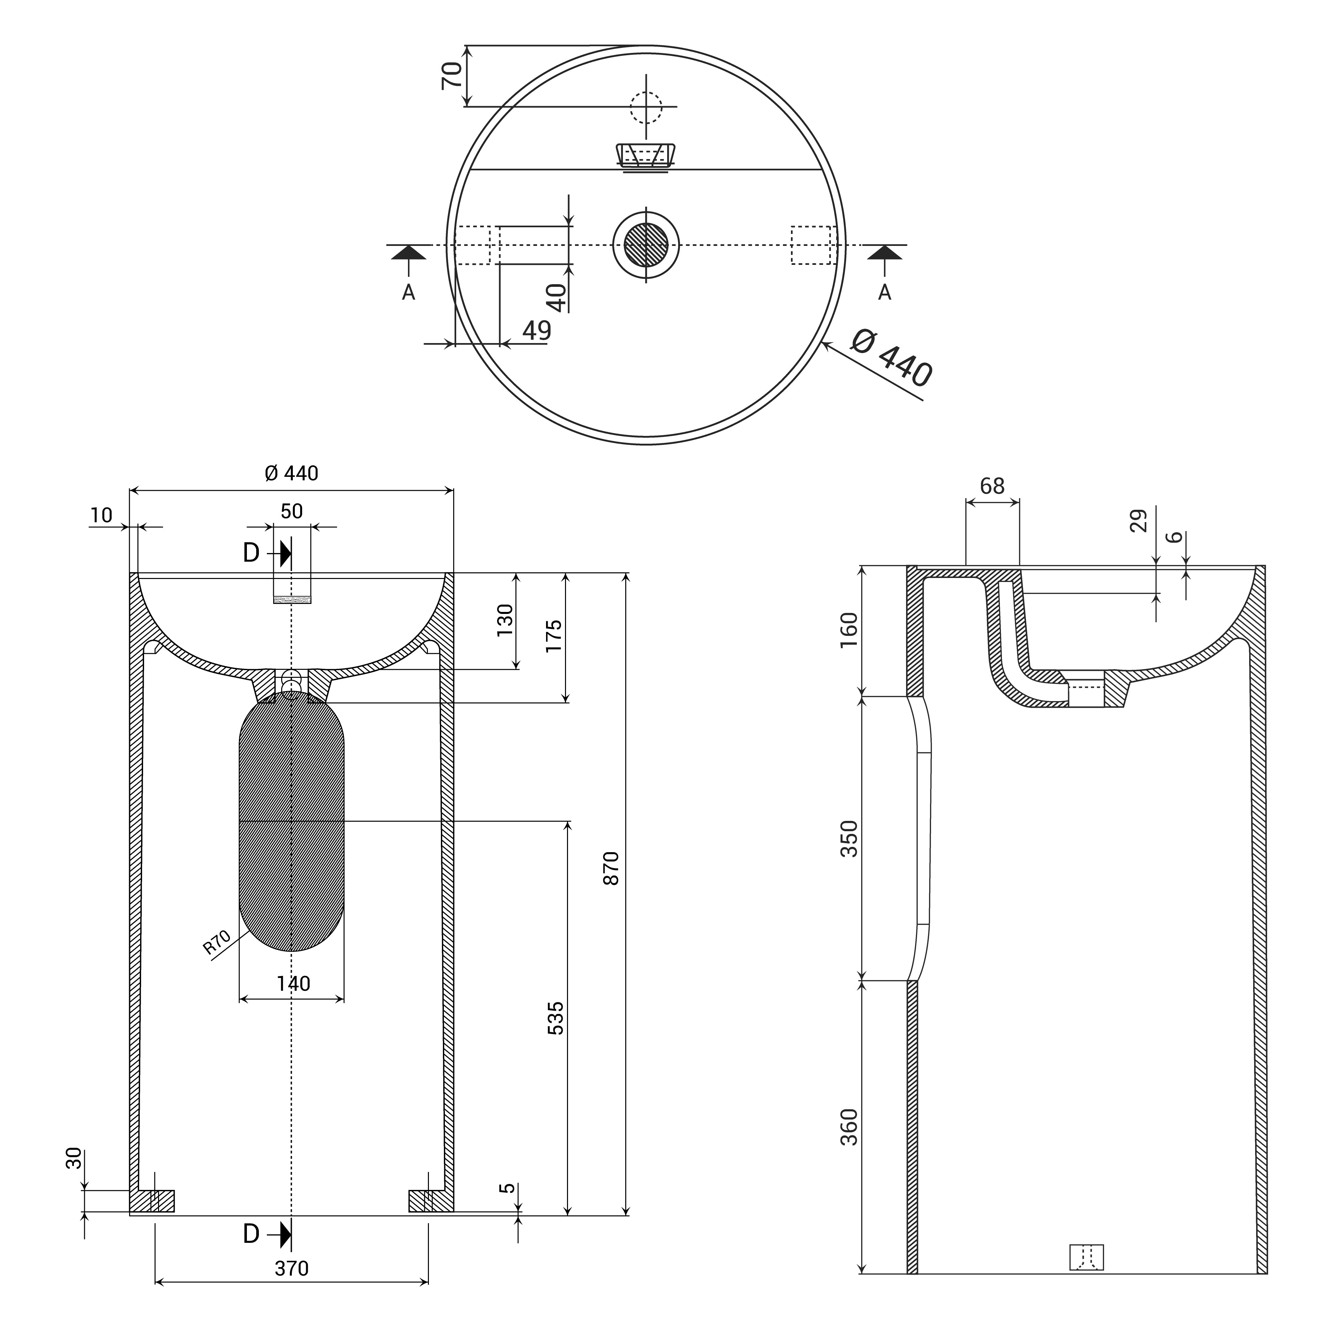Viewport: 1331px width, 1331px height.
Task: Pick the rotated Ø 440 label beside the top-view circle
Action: click(x=891, y=358)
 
